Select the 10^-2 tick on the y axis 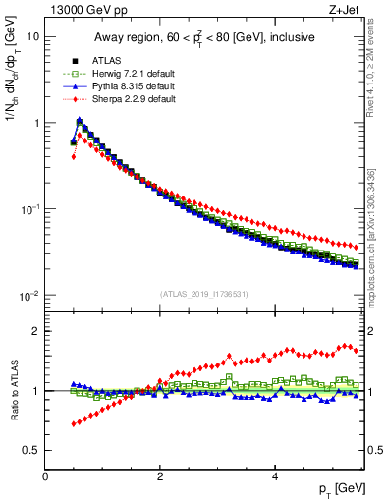29,297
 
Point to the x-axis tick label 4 275,476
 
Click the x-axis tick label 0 45,476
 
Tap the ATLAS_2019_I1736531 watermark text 203,294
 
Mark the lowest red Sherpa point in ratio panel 74,424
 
